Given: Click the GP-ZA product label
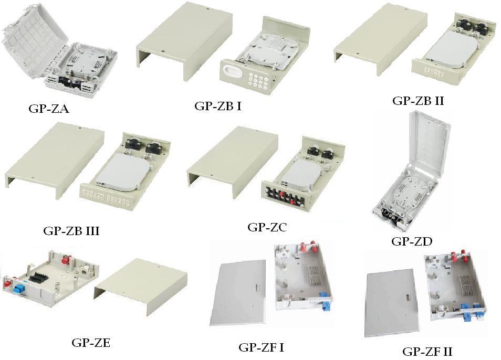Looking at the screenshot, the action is (49, 109).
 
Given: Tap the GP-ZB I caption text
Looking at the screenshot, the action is (217, 106).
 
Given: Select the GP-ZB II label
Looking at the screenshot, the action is (418, 101).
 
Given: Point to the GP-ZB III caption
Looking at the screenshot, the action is (71, 230).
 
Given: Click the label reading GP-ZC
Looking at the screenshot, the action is (267, 227).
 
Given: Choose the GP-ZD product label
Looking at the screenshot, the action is (412, 241).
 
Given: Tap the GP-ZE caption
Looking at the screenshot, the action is (91, 343).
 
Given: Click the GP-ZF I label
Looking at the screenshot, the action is (262, 347).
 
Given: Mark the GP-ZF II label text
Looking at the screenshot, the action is (427, 352).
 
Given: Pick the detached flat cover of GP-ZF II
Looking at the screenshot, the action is (392, 303).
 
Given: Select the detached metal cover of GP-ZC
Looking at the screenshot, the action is (233, 162).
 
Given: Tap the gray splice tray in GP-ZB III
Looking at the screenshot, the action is (123, 172).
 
